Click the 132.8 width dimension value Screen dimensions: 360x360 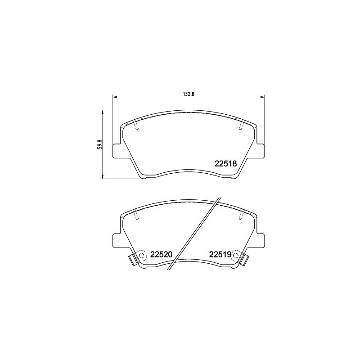click(188, 94)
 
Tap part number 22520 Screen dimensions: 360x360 click(162, 255)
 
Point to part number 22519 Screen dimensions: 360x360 click(220, 255)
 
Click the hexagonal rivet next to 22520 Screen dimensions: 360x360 click(142, 255)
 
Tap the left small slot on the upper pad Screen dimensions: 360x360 click(137, 127)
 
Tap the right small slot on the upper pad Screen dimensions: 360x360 click(241, 127)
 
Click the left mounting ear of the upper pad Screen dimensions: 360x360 click(117, 151)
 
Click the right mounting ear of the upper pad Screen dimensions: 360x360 click(261, 151)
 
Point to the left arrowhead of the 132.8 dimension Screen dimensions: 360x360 click(114, 97)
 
